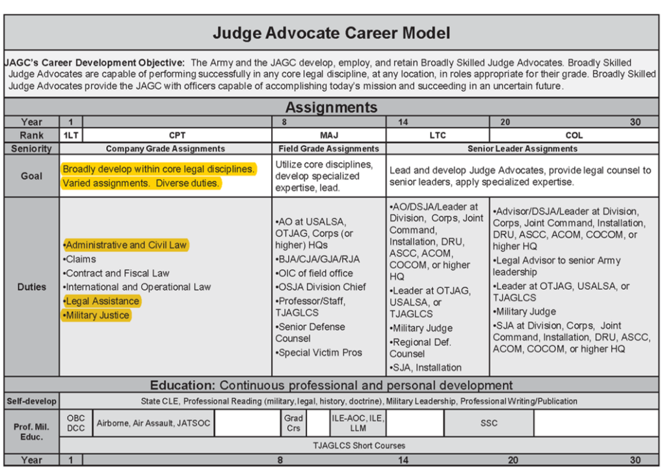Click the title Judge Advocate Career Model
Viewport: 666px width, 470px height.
click(x=332, y=33)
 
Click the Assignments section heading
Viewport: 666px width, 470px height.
click(x=331, y=107)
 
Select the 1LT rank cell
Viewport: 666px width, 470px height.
click(x=71, y=135)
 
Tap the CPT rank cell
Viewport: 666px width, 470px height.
click(x=177, y=135)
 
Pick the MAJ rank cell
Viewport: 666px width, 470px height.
click(x=328, y=135)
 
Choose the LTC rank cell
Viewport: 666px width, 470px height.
click(x=438, y=135)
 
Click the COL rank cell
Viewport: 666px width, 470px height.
click(x=574, y=135)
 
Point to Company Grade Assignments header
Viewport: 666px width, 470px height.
click(x=165, y=149)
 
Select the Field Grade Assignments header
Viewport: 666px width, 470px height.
click(x=328, y=149)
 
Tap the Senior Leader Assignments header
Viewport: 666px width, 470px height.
click(x=522, y=149)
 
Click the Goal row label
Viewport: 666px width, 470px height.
click(x=31, y=176)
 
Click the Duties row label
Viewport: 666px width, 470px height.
click(x=31, y=287)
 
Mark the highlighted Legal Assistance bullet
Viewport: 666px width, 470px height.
click(x=101, y=301)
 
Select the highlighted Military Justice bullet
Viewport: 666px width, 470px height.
click(x=97, y=315)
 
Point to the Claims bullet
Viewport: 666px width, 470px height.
click(x=80, y=259)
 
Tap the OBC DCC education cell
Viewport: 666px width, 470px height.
click(x=75, y=423)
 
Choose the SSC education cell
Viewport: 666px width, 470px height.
click(x=489, y=423)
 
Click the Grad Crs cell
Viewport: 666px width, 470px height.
click(x=293, y=423)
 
